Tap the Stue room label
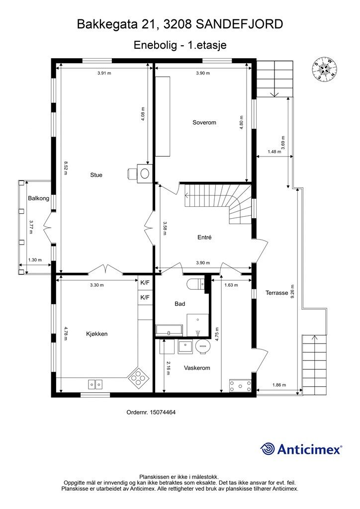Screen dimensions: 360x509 96,175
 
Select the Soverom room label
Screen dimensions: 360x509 204,122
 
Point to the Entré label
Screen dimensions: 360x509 204,237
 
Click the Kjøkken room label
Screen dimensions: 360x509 97,334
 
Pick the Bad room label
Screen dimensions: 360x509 180,304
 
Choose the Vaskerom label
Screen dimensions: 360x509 197,368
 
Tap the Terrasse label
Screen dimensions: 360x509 277,292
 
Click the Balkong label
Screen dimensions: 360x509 39,198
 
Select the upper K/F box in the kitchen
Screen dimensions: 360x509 145,283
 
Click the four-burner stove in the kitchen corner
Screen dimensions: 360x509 138,378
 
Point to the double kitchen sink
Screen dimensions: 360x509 95,384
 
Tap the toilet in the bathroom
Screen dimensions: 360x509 196,284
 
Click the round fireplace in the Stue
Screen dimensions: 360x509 145,173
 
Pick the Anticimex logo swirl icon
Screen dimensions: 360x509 268,449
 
